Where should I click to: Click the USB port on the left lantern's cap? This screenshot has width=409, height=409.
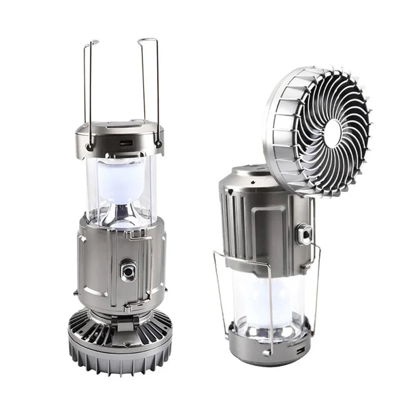[x=126, y=143]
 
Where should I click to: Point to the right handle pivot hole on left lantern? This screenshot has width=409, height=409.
[x=159, y=145]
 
